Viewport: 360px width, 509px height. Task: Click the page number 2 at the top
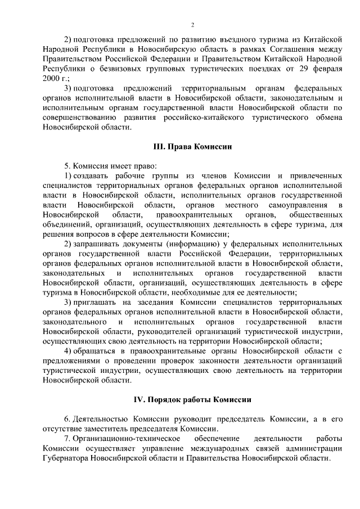[x=192, y=25]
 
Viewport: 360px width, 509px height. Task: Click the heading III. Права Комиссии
[x=192, y=146]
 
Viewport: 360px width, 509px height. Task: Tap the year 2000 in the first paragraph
[x=51, y=78]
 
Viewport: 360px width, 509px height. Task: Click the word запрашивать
[x=98, y=243]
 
